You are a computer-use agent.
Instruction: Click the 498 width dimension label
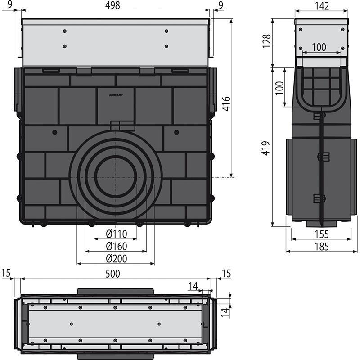112,5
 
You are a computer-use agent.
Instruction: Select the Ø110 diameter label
117,234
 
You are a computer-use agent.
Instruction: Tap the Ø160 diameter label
117,246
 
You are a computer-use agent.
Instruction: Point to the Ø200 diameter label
117,259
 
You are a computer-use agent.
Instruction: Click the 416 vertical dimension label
226,104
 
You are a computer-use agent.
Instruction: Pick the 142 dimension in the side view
322,6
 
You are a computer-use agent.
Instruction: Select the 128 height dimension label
267,41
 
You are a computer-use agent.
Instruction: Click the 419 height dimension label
265,148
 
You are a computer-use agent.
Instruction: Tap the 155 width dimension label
322,234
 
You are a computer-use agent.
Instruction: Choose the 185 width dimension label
322,247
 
